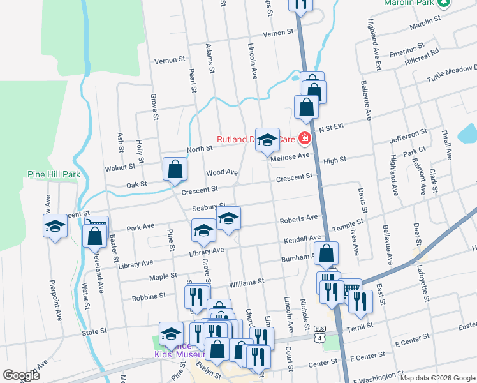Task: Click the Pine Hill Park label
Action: pos(54,174)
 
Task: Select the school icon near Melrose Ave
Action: pos(267,140)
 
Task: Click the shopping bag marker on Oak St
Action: pos(175,170)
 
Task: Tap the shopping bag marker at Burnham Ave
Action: pos(327,254)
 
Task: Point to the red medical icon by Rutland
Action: pos(305,138)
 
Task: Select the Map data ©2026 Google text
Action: pos(437,378)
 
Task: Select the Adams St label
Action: pos(209,58)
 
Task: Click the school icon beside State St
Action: pos(170,333)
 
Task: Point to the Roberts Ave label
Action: pos(298,218)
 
